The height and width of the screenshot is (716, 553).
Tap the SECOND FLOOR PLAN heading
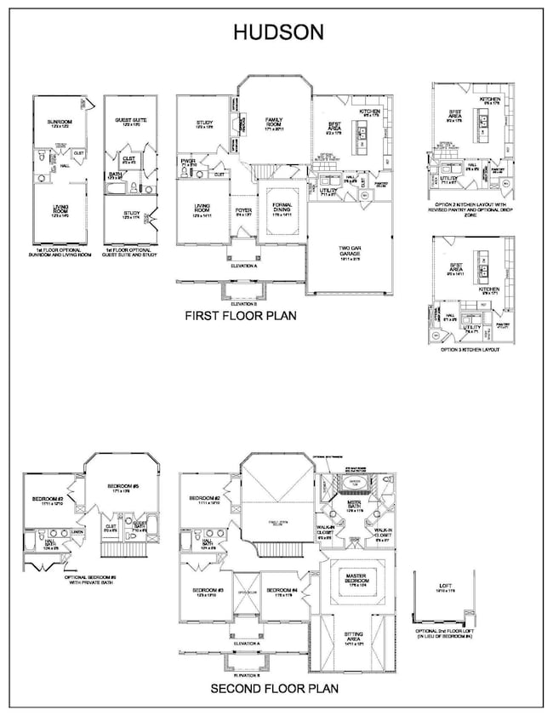click(274, 689)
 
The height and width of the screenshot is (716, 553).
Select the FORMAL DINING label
click(282, 208)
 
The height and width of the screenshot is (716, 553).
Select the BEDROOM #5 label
click(123, 486)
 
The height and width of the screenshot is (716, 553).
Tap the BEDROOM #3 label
click(208, 591)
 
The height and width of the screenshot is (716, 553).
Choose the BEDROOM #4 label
click(281, 591)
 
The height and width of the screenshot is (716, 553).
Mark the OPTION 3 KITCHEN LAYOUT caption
click(465, 349)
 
